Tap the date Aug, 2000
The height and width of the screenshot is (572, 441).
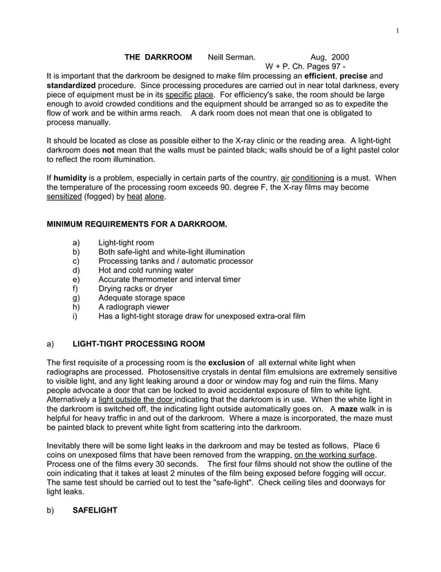coord(330,56)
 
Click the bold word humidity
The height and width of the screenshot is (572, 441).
coord(70,178)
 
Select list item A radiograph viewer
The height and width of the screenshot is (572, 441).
coord(138,307)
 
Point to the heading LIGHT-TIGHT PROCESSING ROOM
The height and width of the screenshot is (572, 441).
coord(138,344)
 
